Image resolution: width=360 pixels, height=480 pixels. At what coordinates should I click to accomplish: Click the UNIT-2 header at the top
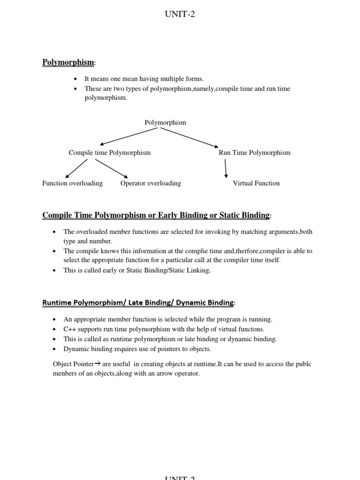[x=180, y=15]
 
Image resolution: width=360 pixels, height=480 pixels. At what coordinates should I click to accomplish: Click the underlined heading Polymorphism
[x=68, y=62]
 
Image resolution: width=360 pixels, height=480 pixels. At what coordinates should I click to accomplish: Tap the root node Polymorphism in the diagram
[x=165, y=123]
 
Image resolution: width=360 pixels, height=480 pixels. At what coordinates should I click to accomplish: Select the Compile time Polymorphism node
[x=110, y=153]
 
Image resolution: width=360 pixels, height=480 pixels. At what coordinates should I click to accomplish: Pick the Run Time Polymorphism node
[x=255, y=153]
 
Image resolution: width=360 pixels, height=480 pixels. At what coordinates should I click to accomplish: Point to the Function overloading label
[x=72, y=183]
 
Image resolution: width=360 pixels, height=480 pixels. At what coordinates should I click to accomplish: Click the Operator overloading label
[x=150, y=183]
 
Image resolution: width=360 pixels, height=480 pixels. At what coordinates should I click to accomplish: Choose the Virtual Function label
[x=256, y=183]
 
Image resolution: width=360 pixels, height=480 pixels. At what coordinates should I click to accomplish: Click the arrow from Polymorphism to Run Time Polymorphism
[x=197, y=138]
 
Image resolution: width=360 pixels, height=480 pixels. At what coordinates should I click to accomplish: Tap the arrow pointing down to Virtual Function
[x=226, y=168]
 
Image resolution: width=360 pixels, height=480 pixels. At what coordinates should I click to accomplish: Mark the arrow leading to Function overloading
[x=76, y=168]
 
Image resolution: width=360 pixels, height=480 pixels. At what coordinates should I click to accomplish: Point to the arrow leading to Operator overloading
[x=112, y=168]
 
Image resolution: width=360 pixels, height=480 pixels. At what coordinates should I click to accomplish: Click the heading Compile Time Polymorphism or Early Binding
[x=156, y=215]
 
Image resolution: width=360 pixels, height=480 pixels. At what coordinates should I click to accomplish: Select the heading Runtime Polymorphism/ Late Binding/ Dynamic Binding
[x=138, y=303]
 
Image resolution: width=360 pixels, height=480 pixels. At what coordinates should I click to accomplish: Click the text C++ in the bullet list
[x=69, y=329]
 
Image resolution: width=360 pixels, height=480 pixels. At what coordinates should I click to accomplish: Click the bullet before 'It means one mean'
[x=75, y=79]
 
